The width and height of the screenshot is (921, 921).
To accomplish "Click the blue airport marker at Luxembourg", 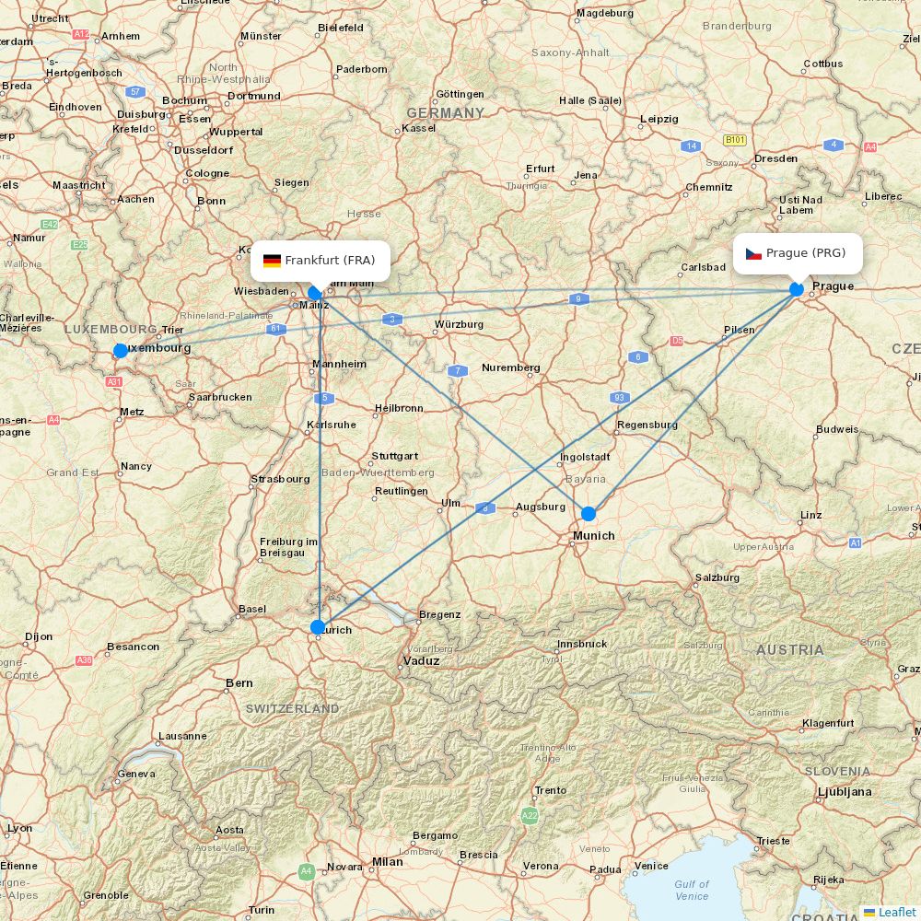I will pyautogui.click(x=121, y=351).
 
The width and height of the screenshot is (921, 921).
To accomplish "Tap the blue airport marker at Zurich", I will pyautogui.click(x=318, y=627).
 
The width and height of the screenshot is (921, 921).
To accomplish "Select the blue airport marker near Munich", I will pyautogui.click(x=589, y=514).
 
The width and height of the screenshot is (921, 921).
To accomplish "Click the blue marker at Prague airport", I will pyautogui.click(x=797, y=289).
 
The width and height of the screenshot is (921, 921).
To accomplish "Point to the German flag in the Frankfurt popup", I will pyautogui.click(x=272, y=261).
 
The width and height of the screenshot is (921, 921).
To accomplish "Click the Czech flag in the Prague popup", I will pyautogui.click(x=753, y=253).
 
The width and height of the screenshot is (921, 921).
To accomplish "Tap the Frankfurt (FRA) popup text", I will pyautogui.click(x=330, y=261).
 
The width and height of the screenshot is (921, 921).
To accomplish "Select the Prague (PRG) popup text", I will pyautogui.click(x=805, y=253).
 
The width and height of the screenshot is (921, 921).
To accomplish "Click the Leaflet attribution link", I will pyautogui.click(x=896, y=912).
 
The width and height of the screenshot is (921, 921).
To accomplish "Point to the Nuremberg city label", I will pyautogui.click(x=510, y=367).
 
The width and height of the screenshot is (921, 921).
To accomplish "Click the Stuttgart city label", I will pyautogui.click(x=394, y=456).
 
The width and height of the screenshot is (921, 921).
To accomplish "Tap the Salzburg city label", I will pyautogui.click(x=717, y=577).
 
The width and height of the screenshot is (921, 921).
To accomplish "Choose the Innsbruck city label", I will pyautogui.click(x=581, y=644).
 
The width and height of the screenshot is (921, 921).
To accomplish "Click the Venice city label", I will pyautogui.click(x=651, y=866).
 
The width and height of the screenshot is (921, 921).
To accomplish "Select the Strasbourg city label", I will pyautogui.click(x=280, y=479).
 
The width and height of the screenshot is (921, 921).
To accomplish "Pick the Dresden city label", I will pyautogui.click(x=775, y=158).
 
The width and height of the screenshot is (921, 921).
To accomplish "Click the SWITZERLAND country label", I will pyautogui.click(x=292, y=708).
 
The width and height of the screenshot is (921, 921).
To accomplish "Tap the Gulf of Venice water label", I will pyautogui.click(x=692, y=890).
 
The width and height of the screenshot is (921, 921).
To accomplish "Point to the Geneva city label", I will pyautogui.click(x=136, y=774).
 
